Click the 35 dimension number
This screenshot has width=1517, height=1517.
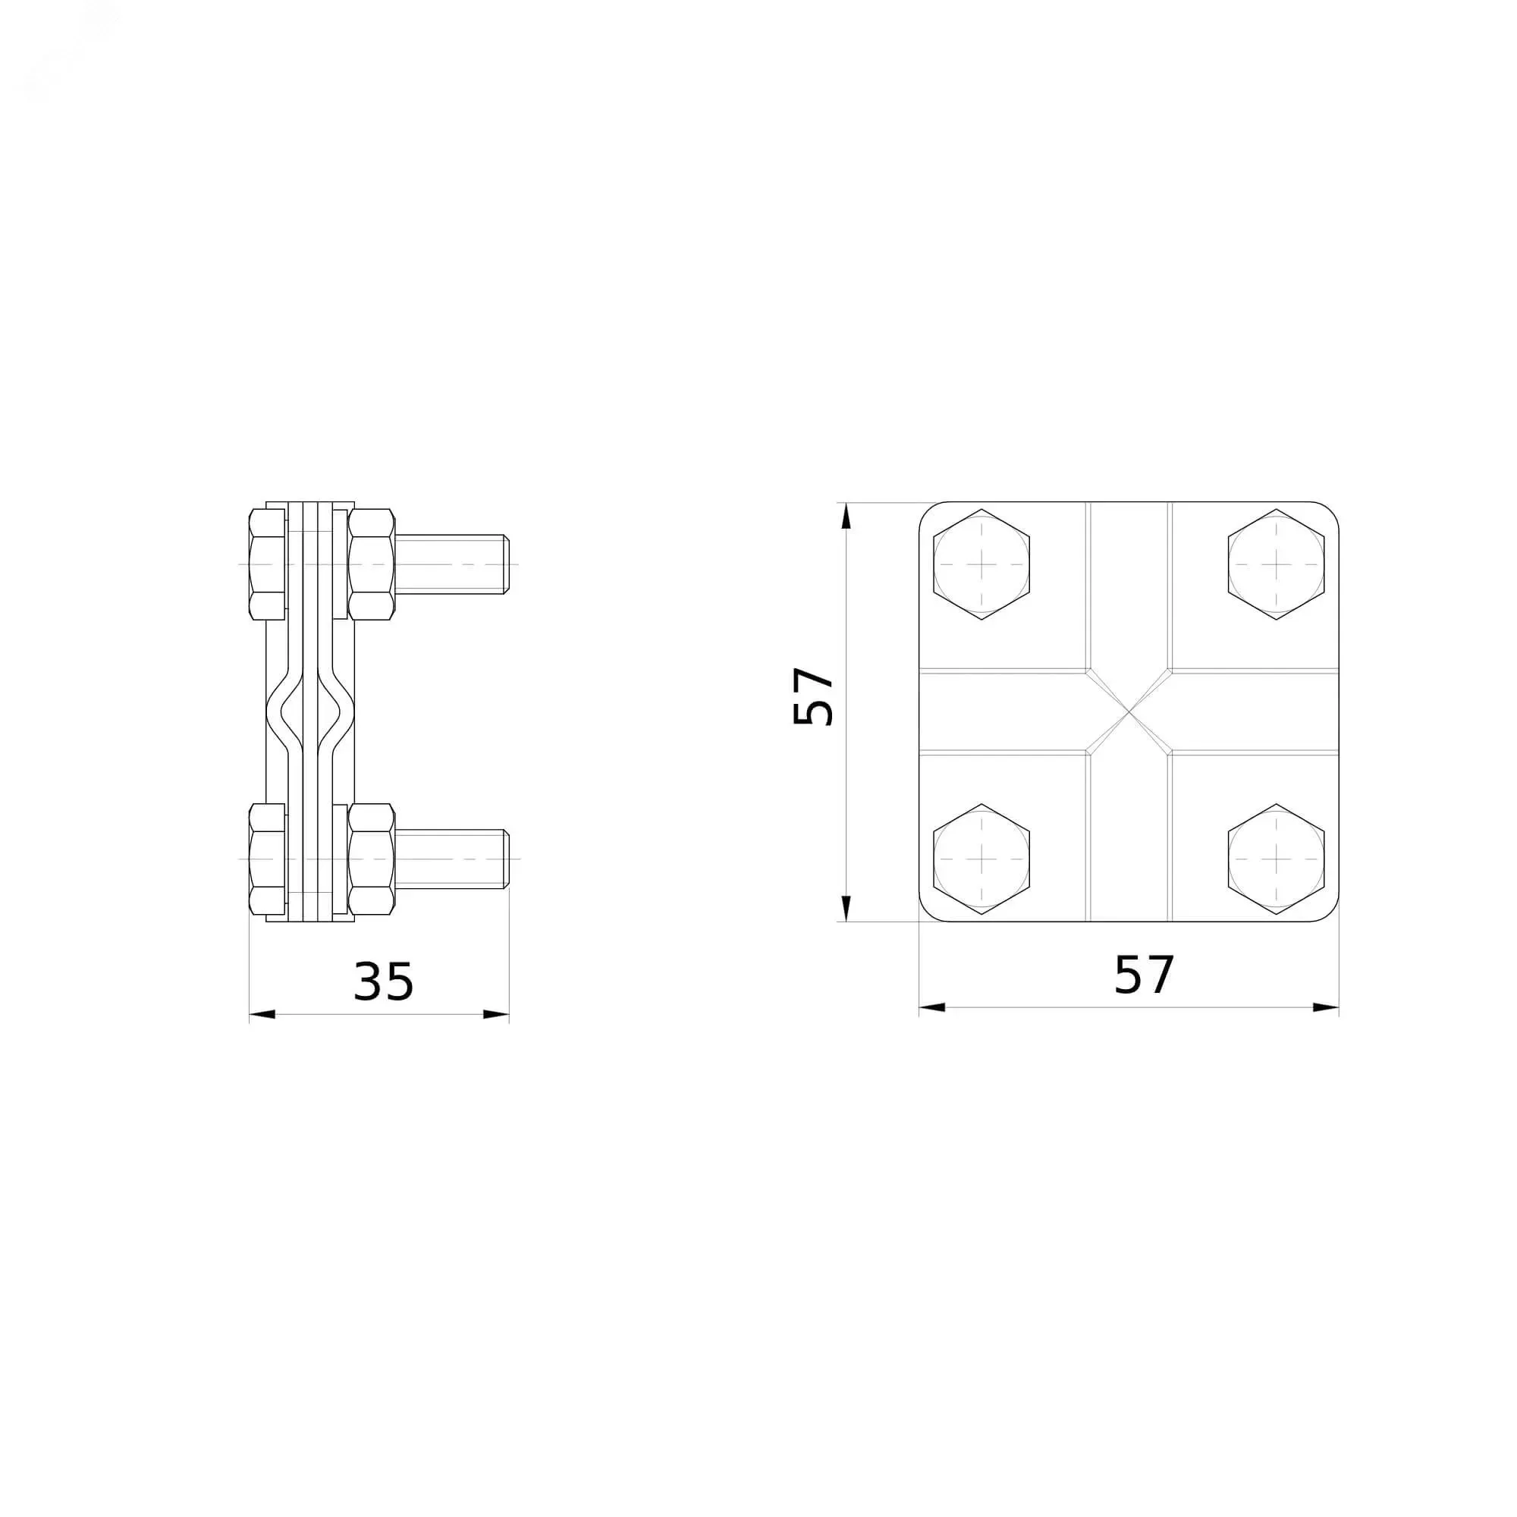point(383,981)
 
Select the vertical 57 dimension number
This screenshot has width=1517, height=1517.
point(813,696)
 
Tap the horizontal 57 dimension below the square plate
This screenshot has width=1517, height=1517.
point(1144,975)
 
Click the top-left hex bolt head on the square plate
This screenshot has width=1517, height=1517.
point(981,564)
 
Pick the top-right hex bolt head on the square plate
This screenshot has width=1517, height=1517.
point(1276,564)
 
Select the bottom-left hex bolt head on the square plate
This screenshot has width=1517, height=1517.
point(981,859)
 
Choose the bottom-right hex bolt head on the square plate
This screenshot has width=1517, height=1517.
point(1276,859)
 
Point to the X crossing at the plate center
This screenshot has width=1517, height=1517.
point(1129,711)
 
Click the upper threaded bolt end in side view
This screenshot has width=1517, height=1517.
point(453,564)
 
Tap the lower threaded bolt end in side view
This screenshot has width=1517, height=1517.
point(453,859)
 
